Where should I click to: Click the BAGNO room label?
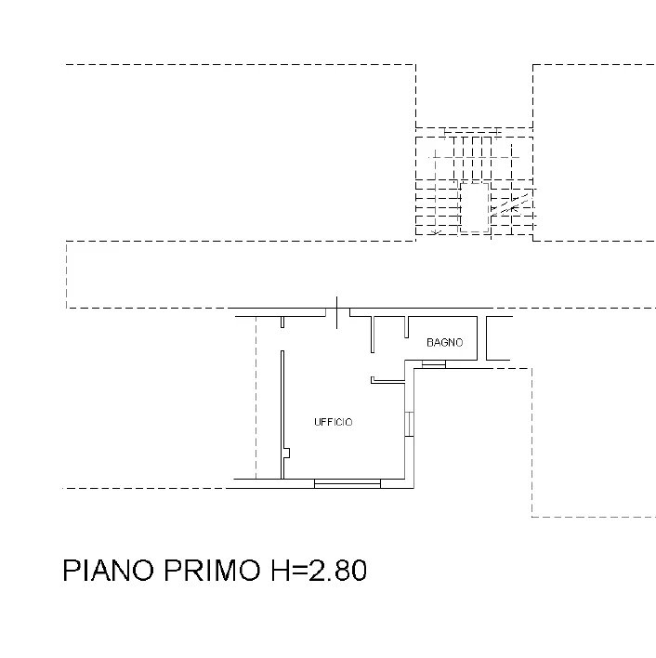[444, 342]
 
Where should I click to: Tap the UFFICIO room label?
[334, 422]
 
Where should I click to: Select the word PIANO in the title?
[109, 570]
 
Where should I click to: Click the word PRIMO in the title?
[212, 570]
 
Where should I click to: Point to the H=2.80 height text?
[319, 570]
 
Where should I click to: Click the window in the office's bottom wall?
[348, 484]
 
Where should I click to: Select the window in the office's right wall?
[409, 424]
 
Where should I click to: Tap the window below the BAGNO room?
[434, 364]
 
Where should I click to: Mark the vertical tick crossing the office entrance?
[336, 312]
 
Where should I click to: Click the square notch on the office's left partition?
[287, 454]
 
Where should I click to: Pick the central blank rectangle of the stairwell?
[475, 207]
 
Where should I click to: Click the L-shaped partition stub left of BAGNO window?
[387, 380]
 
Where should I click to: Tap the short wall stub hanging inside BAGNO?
[406, 327]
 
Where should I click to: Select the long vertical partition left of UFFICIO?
[282, 415]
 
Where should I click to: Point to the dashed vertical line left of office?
[256, 398]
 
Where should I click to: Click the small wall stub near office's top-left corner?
[282, 322]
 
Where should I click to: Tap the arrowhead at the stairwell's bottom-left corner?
[436, 231]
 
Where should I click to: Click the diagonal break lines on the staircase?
[510, 204]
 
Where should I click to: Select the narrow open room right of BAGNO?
[498, 338]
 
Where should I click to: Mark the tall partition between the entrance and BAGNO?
[373, 335]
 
